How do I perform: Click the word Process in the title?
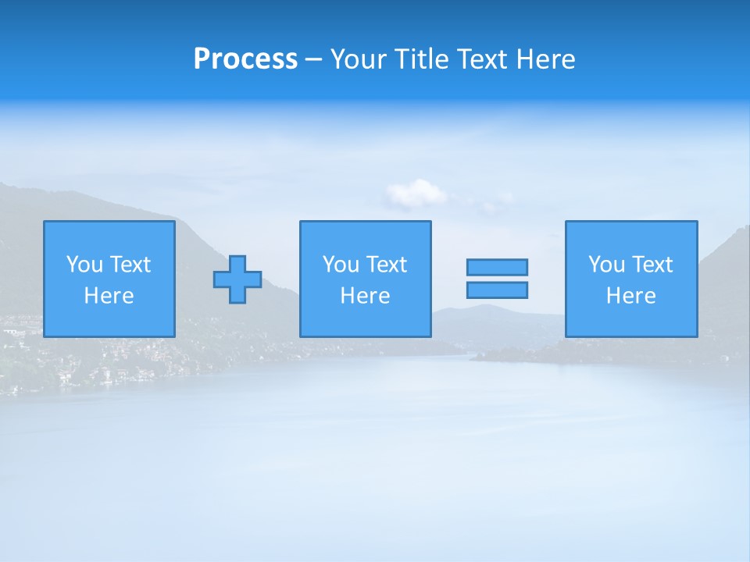click(x=245, y=59)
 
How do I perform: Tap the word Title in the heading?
click(x=420, y=59)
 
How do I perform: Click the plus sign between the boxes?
click(x=237, y=279)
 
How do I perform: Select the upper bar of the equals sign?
click(x=497, y=267)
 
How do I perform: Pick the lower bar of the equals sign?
click(x=497, y=290)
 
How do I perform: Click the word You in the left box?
click(x=84, y=265)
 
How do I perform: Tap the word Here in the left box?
click(x=109, y=296)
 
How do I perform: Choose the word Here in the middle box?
click(x=365, y=296)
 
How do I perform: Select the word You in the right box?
click(x=606, y=265)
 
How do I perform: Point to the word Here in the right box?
click(x=630, y=296)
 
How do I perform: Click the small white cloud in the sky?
click(x=416, y=193)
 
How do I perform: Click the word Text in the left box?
click(x=130, y=265)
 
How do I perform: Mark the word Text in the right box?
click(x=652, y=265)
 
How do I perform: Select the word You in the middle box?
click(x=341, y=265)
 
